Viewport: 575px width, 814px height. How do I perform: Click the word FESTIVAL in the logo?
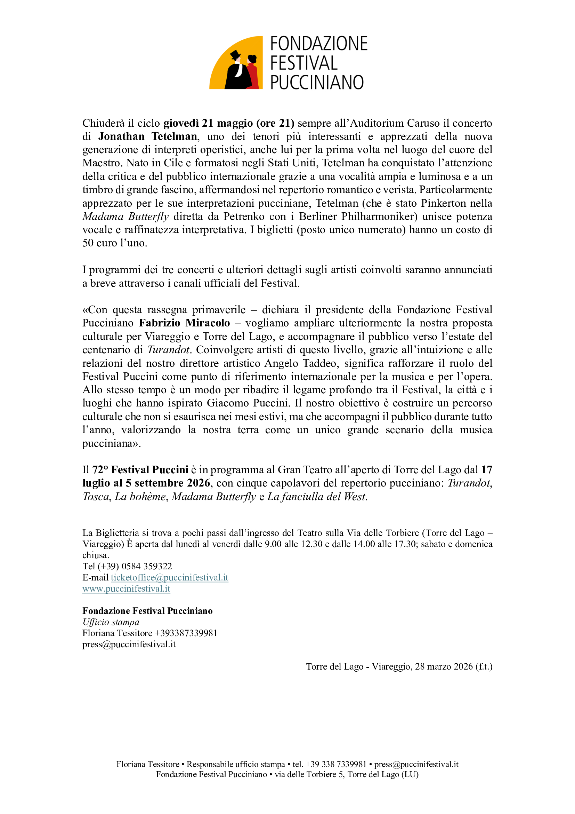[x=304, y=63]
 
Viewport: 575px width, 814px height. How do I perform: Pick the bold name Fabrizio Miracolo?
[x=184, y=323]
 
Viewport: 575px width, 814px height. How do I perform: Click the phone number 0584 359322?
[x=147, y=566]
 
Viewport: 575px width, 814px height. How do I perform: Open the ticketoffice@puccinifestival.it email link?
[x=169, y=578]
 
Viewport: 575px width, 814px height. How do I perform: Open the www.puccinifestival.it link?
[x=126, y=588]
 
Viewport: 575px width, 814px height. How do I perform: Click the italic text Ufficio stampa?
[x=111, y=622]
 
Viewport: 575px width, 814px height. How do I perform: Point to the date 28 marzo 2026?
[x=444, y=666]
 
